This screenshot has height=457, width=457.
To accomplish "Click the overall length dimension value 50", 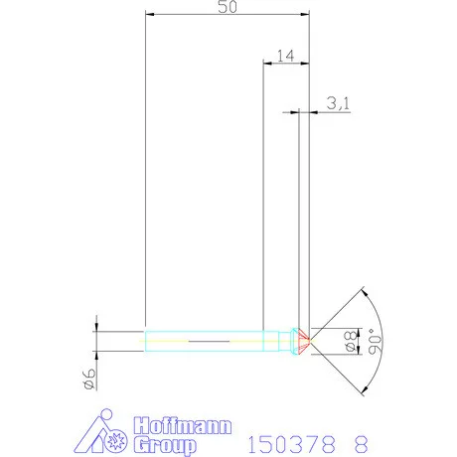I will click(x=226, y=7).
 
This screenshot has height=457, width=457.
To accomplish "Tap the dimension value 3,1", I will click(x=337, y=102).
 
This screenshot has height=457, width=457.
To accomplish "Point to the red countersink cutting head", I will click(x=303, y=341).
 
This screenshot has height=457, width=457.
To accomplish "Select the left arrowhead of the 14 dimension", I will click(x=265, y=63).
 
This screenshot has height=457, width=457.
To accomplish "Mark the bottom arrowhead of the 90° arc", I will click(x=365, y=388).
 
